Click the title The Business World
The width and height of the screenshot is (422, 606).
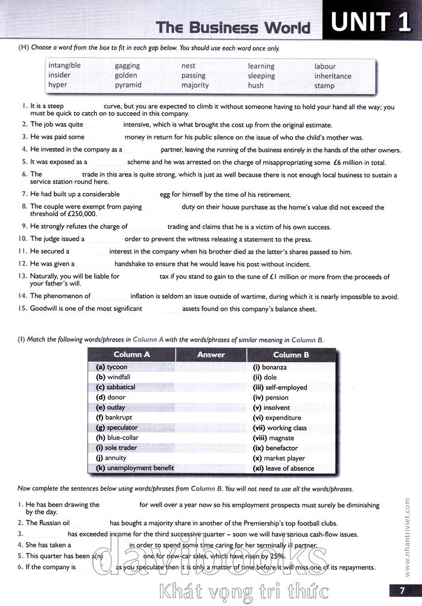(x=233, y=28)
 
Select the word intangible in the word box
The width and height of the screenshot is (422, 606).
(x=65, y=65)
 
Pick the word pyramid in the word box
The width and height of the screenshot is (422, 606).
(x=128, y=85)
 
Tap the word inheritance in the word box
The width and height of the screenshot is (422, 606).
(x=333, y=76)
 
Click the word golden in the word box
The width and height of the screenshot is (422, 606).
(x=126, y=75)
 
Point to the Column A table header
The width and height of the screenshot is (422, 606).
(x=131, y=355)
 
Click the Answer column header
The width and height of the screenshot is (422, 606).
(x=211, y=355)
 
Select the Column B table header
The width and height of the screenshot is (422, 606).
(x=291, y=355)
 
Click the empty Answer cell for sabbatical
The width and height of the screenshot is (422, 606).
(x=211, y=387)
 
